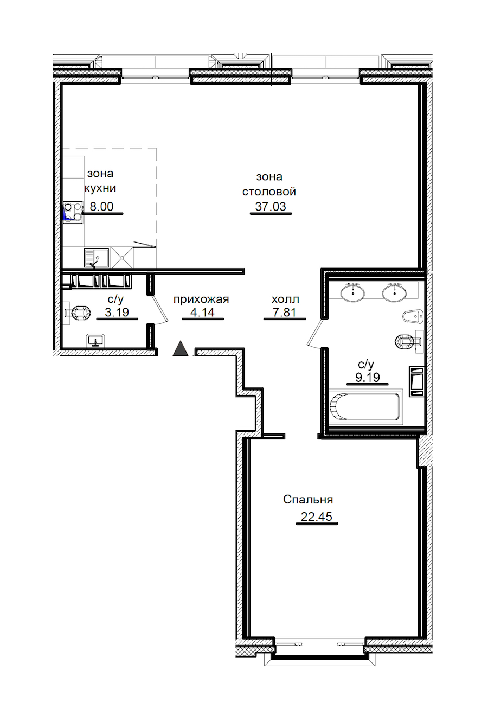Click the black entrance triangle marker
pyautogui.click(x=181, y=348)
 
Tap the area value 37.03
pyautogui.click(x=271, y=207)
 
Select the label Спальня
pyautogui.click(x=308, y=500)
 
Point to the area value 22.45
pyautogui.click(x=317, y=517)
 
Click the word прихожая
pyautogui.click(x=201, y=299)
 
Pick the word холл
pyautogui.click(x=285, y=299)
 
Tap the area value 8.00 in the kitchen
pyautogui.click(x=101, y=207)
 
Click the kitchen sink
pyautogui.click(x=97, y=258)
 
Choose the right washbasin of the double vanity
pyautogui.click(x=394, y=292)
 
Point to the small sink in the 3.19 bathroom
pyautogui.click(x=95, y=340)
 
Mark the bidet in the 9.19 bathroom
pyautogui.click(x=413, y=317)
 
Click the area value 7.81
pyautogui.click(x=285, y=313)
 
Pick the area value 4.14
pyautogui.click(x=202, y=313)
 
